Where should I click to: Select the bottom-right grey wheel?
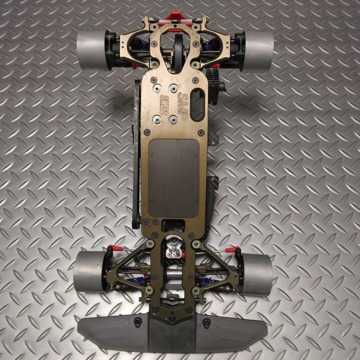tap(257, 274)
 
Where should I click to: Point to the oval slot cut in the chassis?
tap(197, 105)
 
